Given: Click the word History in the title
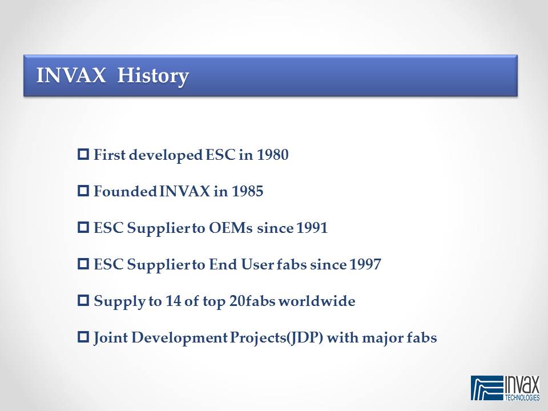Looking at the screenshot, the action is click(x=153, y=76).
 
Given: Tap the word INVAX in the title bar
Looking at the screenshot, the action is click(x=71, y=75).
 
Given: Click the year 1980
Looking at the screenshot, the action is click(x=273, y=155).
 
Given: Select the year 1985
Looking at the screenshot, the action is click(x=247, y=191).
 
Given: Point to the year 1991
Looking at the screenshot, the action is click(x=312, y=228).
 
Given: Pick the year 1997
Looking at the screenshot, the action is click(x=365, y=264).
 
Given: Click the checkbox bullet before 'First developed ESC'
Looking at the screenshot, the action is click(x=83, y=154).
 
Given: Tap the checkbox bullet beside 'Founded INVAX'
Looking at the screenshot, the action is click(x=83, y=191).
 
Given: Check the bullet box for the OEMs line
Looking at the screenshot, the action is click(x=83, y=228).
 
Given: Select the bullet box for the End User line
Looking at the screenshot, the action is click(x=83, y=264).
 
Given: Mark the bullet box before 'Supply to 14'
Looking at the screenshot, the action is click(x=83, y=301).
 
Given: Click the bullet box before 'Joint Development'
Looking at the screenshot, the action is click(x=83, y=337).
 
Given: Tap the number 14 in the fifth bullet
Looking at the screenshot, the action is click(x=172, y=301).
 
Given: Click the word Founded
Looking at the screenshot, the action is click(x=125, y=191).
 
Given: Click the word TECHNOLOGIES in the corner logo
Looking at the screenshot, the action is click(x=522, y=397).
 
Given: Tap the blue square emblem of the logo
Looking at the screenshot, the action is click(x=487, y=388).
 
